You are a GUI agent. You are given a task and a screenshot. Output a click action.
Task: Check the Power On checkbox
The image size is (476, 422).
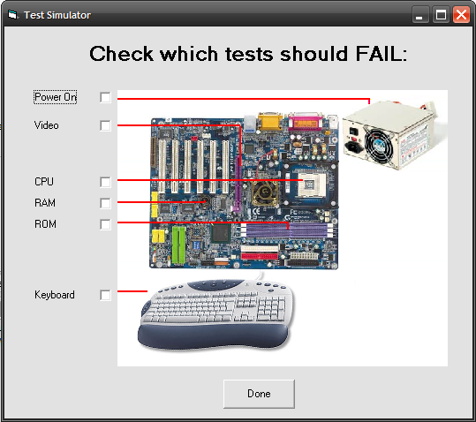point(105,98)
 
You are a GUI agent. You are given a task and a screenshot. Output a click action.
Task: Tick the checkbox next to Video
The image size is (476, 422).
point(105,125)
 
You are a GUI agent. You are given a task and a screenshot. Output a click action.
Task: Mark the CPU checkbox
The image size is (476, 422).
point(105,182)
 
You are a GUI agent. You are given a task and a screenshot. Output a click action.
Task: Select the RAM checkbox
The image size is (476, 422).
point(105,203)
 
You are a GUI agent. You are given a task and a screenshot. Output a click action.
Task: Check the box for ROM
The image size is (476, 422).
point(105,224)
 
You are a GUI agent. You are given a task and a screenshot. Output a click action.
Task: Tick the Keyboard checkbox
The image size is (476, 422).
point(105,295)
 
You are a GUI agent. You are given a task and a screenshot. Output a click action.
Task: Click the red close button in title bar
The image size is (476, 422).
point(461,14)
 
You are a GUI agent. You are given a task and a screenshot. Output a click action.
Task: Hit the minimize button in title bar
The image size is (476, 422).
point(420,14)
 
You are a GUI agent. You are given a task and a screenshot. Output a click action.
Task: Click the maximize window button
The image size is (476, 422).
point(441,14)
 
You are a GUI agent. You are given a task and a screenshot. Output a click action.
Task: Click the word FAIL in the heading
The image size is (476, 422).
point(381,54)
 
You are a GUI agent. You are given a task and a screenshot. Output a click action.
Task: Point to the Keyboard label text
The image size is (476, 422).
point(55,295)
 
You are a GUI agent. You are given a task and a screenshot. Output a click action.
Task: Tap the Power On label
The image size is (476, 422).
point(56,97)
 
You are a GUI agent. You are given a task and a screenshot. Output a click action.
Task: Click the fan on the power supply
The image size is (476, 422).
point(379,145)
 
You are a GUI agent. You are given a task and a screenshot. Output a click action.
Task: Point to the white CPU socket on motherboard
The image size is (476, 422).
point(312,185)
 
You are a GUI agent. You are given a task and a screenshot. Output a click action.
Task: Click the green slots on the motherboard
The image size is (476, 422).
point(178,245)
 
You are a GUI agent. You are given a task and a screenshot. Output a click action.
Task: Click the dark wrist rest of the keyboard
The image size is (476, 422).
point(214,335)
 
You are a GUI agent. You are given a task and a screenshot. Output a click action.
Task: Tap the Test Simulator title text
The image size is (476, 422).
point(57,15)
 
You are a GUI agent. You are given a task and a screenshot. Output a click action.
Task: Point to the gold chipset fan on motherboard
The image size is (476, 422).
point(264,193)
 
